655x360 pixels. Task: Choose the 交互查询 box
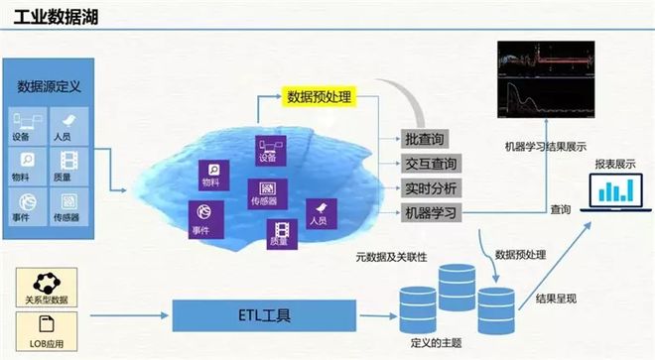click(x=430, y=163)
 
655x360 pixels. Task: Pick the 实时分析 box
click(x=430, y=187)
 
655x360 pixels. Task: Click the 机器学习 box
click(x=430, y=212)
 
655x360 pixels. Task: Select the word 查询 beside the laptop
click(x=561, y=209)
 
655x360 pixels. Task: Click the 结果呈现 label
click(x=557, y=299)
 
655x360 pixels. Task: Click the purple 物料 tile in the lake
click(x=211, y=174)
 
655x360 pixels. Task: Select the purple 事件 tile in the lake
click(x=201, y=217)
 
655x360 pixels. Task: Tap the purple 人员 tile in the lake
click(x=320, y=209)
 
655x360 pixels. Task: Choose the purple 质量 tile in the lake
click(x=279, y=233)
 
